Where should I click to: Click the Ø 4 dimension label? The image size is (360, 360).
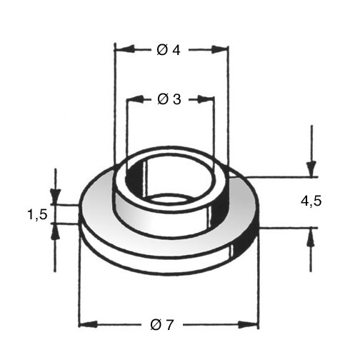tap(169, 50)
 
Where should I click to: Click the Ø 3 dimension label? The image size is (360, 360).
tap(169, 99)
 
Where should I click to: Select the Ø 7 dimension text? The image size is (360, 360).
tap(162, 325)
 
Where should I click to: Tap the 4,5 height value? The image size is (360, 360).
tap(311, 201)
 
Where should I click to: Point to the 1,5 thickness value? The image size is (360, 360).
tap(38, 215)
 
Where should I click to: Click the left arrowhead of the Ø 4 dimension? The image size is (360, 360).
tap(124, 49)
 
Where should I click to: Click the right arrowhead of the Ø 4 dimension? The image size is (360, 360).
tap(219, 49)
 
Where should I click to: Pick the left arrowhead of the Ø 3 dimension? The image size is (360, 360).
tap(135, 99)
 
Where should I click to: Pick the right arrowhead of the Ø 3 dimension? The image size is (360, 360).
tap(205, 99)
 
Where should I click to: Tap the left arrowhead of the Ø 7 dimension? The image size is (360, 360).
tap(88, 324)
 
